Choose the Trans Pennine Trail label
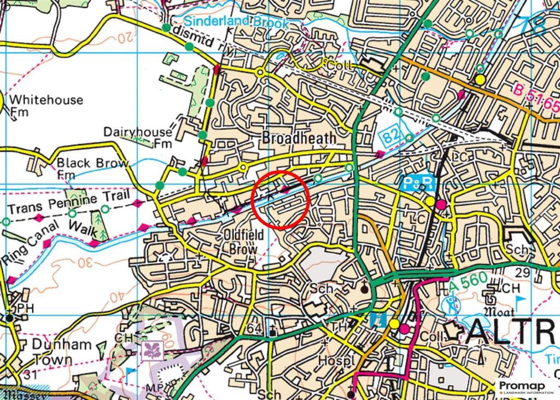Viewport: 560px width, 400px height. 69,203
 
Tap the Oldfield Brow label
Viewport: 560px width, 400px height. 243,241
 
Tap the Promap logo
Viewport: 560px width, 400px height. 526,387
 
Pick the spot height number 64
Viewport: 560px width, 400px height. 255,328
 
